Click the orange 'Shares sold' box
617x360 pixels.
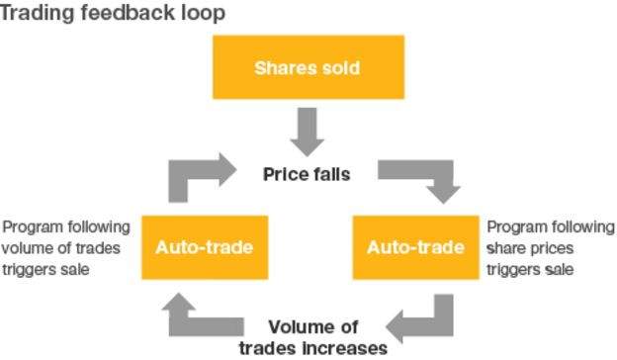point(308,67)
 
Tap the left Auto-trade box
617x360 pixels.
point(204,246)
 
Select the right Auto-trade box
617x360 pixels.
point(415,246)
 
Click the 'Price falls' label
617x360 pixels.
point(307,174)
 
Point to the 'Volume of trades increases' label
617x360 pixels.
point(313,336)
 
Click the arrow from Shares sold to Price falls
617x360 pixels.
point(308,128)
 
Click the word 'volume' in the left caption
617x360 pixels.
point(27,247)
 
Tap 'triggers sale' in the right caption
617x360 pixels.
point(530,269)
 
